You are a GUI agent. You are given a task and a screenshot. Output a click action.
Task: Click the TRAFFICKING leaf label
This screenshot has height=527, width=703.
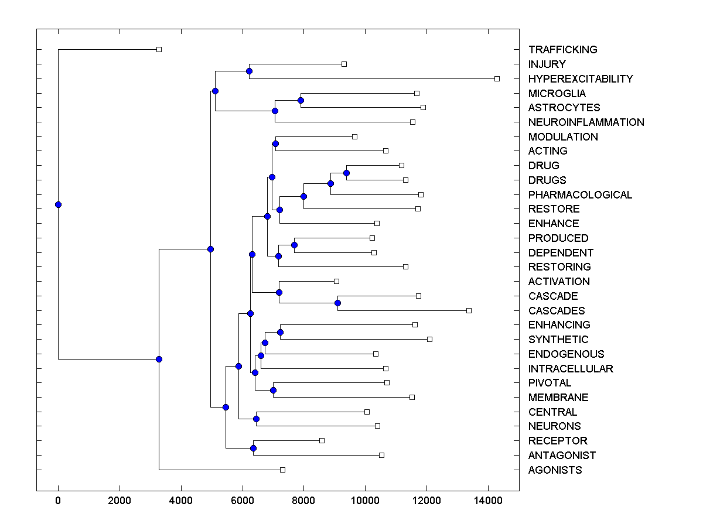click(x=562, y=50)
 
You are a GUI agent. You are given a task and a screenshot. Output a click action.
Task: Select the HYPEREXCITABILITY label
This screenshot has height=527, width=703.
click(x=581, y=78)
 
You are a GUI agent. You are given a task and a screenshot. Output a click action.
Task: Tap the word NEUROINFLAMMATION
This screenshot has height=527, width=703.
click(x=586, y=122)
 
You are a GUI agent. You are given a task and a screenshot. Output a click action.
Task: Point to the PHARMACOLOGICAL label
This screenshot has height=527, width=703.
click(x=580, y=194)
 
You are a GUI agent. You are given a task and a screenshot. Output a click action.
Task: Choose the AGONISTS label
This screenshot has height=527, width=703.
click(x=555, y=470)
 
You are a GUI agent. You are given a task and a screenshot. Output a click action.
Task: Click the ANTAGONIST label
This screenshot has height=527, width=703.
click(x=562, y=456)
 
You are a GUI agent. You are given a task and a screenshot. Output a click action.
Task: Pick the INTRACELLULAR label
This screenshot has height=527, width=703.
click(x=571, y=369)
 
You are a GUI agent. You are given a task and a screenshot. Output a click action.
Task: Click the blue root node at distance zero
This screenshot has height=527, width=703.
click(x=58, y=204)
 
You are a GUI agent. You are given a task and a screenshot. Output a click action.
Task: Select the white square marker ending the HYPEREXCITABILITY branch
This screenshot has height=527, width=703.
click(x=497, y=78)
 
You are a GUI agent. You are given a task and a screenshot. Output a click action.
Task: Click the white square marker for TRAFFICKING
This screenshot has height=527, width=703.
click(x=159, y=49)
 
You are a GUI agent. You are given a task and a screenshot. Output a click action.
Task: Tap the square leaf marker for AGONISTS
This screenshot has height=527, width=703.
click(x=282, y=470)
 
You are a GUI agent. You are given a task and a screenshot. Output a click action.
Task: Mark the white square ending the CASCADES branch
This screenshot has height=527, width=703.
click(x=469, y=310)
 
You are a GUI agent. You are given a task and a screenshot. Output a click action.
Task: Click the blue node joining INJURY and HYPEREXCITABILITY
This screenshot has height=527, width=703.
click(x=249, y=71)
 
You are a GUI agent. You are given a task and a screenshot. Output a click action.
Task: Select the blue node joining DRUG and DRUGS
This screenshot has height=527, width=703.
click(x=346, y=173)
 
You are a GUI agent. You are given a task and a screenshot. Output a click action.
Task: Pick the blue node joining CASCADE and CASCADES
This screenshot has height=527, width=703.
click(x=337, y=303)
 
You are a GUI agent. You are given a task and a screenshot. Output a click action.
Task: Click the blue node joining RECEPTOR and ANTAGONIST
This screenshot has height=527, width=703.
click(x=253, y=448)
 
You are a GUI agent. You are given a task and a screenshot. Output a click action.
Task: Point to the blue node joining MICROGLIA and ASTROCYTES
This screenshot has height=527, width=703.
click(x=301, y=100)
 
